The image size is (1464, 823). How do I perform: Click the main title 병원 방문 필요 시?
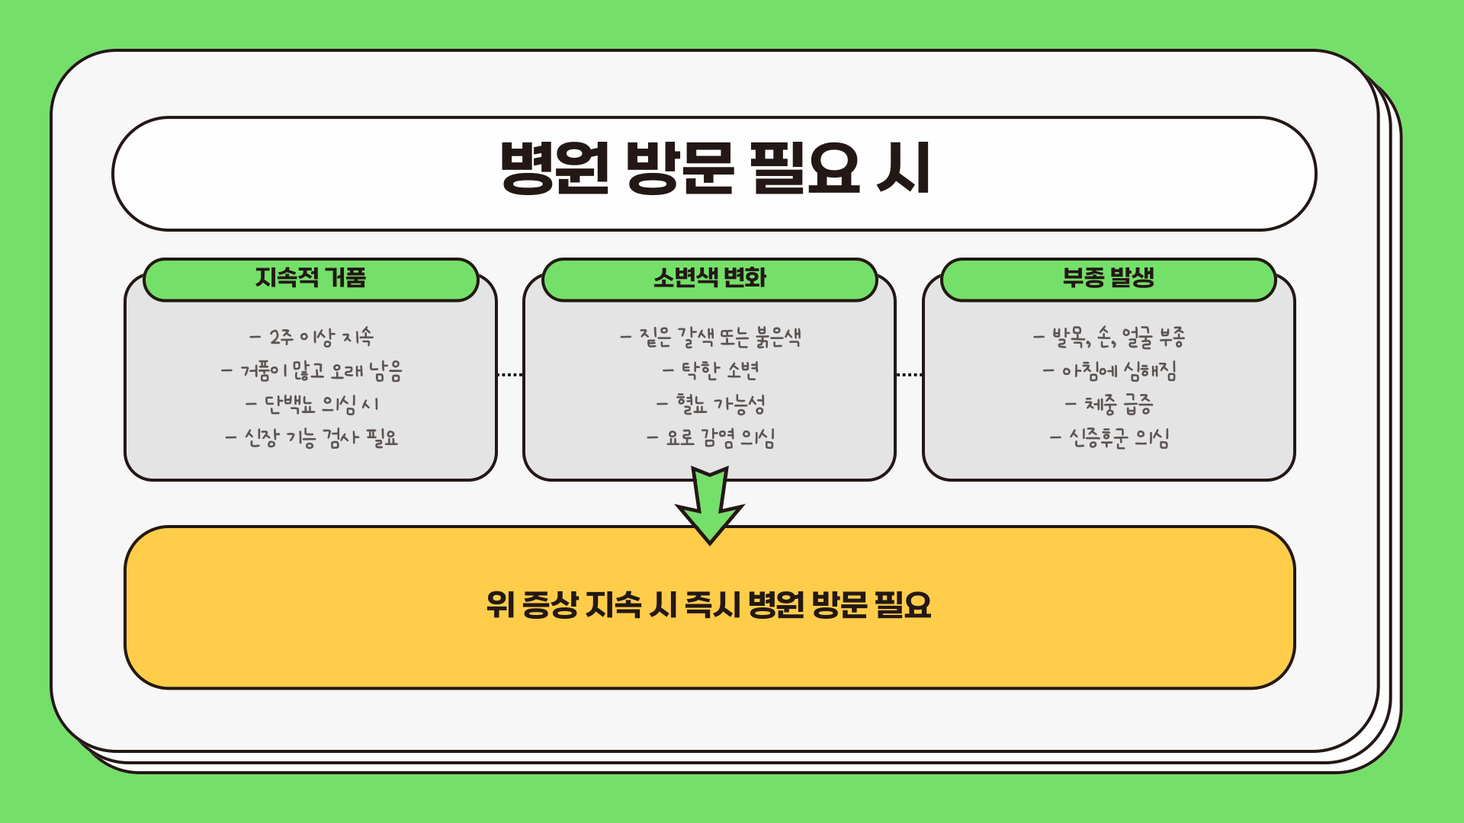click(714, 169)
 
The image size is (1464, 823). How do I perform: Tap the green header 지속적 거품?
click(310, 278)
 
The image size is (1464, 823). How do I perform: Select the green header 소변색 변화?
click(709, 278)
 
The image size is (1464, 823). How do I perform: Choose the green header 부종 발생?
click(1108, 278)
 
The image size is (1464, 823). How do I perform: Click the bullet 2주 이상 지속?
click(311, 337)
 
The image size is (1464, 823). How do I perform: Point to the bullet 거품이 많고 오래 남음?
click(311, 371)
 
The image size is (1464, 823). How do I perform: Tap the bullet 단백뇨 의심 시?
click(311, 404)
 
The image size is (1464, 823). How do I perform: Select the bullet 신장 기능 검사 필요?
click(311, 438)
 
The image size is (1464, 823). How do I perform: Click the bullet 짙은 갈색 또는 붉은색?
click(710, 337)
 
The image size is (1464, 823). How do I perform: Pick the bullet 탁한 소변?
click(710, 371)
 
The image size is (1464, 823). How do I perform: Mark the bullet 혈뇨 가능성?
click(710, 404)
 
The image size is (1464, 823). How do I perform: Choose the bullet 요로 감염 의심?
click(710, 438)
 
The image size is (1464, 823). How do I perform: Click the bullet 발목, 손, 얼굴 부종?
click(1109, 337)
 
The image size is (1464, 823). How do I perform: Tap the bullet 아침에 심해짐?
click(1109, 371)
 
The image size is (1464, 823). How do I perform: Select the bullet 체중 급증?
click(1109, 404)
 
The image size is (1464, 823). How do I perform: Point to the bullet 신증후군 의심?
click(1109, 438)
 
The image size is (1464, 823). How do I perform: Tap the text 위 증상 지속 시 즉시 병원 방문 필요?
click(709, 606)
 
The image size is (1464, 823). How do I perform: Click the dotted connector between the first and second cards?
click(509, 375)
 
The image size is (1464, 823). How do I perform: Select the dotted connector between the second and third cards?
click(909, 375)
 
